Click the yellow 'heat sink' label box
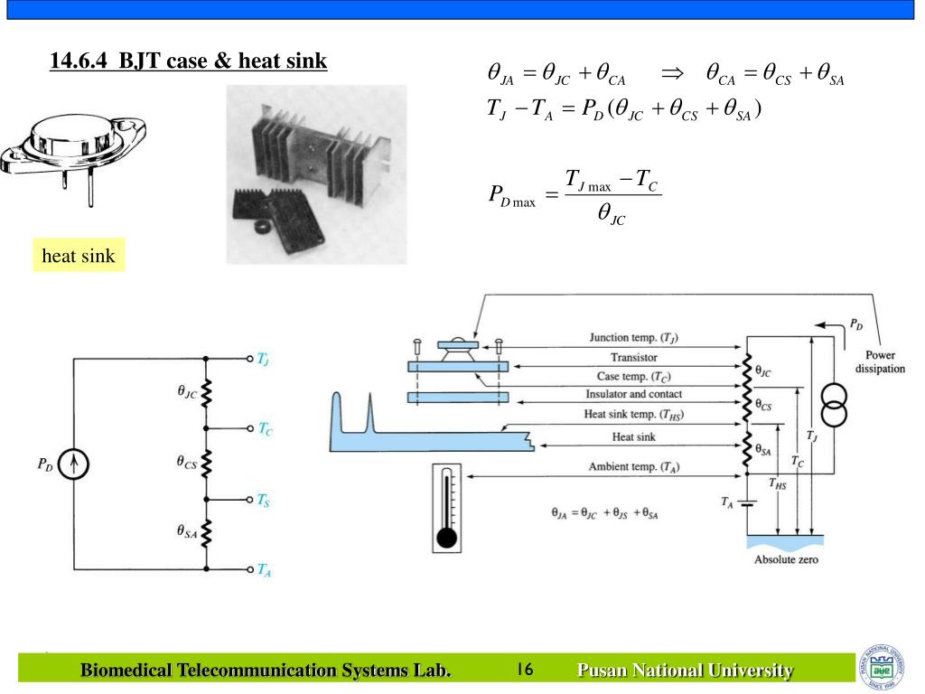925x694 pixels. (79, 256)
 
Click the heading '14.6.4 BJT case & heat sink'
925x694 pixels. (188, 61)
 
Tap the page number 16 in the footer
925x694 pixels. (525, 670)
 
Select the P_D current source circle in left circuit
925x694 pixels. (76, 464)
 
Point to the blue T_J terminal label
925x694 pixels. (263, 360)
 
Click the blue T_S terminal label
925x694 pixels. (263, 499)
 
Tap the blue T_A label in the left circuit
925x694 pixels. (263, 569)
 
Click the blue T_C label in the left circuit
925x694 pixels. (265, 429)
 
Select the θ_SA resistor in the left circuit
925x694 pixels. (206, 533)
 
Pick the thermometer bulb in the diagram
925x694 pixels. (446, 539)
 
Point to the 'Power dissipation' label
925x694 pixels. (879, 362)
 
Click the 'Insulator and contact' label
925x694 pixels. (633, 395)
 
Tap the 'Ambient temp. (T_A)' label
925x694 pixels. (633, 467)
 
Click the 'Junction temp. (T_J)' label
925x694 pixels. (633, 338)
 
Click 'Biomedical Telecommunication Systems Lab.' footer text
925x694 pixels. (266, 671)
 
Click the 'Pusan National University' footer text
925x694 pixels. (685, 671)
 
